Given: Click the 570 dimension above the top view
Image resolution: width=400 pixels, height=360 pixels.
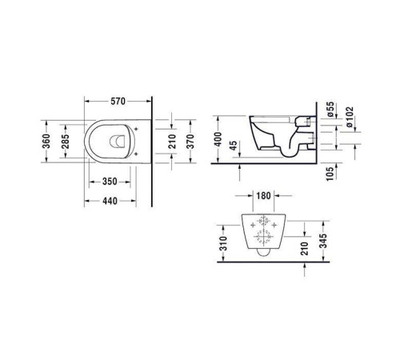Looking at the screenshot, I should click(118, 101).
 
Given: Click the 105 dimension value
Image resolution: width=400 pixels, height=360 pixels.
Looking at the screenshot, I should click(330, 174).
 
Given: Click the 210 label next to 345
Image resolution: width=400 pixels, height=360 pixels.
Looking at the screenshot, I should click(303, 249).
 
